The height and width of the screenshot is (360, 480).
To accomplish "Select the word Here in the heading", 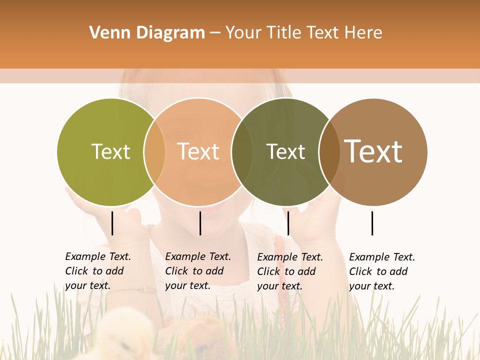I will coord(363,33).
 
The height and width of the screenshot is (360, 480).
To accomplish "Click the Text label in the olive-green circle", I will coord(110,151).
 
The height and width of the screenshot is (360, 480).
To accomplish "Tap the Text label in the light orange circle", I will coord(198,151).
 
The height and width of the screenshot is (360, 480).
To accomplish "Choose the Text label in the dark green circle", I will coord(285,151).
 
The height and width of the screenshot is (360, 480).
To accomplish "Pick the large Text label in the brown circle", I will coord(373,151).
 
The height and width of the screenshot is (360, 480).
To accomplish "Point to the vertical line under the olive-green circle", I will coord(112,223).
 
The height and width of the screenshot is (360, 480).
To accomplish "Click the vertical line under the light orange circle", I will coord(200,223).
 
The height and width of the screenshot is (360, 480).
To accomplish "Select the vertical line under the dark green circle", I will coord(288,223).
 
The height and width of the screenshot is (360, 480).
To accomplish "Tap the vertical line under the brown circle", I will coord(372,223).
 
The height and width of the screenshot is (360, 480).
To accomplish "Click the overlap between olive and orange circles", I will coord(154,151).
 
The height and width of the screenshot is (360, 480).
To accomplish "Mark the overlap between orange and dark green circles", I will coord(242,151).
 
